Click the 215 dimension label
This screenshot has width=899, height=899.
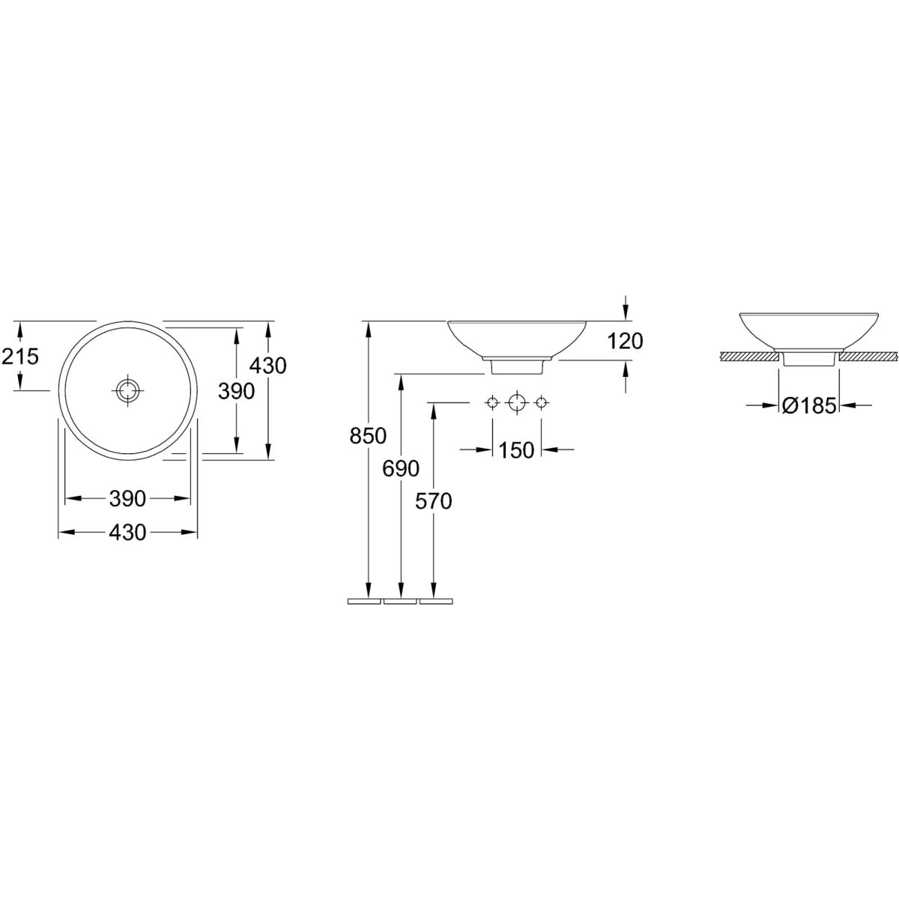click(x=20, y=357)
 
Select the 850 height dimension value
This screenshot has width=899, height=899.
click(x=368, y=436)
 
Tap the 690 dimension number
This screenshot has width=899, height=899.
click(x=401, y=468)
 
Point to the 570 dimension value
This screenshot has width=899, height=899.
click(x=434, y=501)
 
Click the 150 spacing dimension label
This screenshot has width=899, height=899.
click(x=516, y=450)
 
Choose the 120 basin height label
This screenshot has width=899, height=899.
click(x=625, y=342)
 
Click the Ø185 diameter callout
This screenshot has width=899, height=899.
click(x=809, y=406)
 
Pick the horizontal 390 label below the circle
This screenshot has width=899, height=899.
click(x=127, y=499)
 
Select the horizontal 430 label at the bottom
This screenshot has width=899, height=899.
click(x=127, y=533)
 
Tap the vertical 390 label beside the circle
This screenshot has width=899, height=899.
click(x=237, y=391)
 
